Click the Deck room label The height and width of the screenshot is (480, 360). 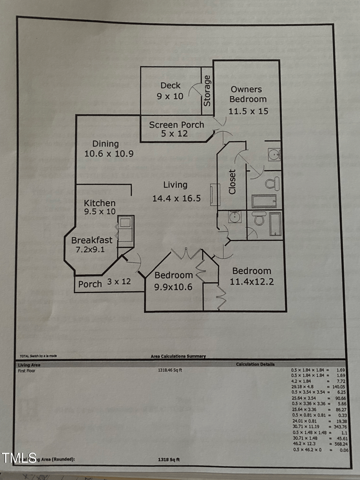tap(171, 86)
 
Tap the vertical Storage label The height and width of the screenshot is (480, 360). tap(207, 91)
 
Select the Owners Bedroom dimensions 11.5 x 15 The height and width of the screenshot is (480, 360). tap(248, 111)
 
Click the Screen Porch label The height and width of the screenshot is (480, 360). tap(176, 125)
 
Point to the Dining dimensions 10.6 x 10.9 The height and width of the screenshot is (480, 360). tap(109, 154)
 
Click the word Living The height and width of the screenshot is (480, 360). tap(175, 185)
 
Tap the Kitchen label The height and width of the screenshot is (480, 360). tap(99, 203)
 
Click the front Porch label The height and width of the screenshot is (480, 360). tap(90, 284)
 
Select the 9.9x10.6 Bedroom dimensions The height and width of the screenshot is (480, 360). tap(173, 286)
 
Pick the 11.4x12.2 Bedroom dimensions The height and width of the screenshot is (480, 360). tap(252, 282)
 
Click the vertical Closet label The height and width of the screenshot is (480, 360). tap(232, 181)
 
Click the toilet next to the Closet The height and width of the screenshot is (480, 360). tap(272, 183)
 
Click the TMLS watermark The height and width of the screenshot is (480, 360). tap(19, 457)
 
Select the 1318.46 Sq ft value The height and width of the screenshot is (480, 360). tap(170, 370)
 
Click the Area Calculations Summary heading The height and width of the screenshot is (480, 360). tap(178, 356)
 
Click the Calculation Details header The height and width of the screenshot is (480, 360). tap(255, 364)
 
